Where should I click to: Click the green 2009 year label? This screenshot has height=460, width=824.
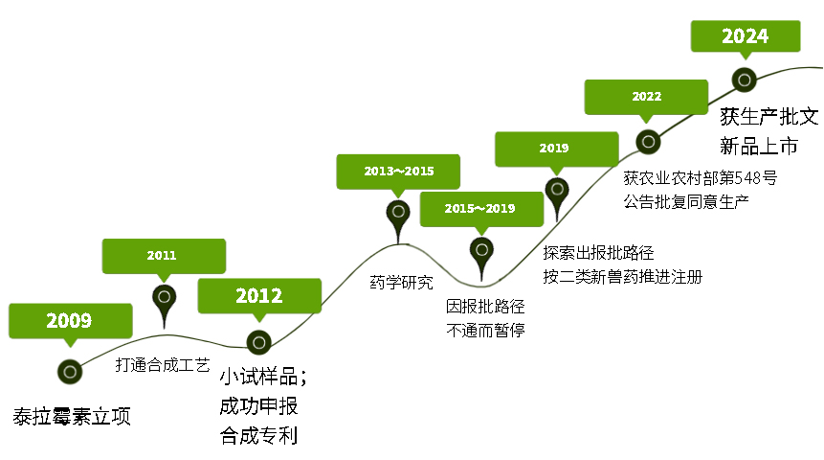pyautogui.click(x=71, y=321)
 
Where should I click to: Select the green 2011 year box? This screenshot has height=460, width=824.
pyautogui.click(x=164, y=256)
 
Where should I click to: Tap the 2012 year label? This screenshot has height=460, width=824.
pyautogui.click(x=259, y=296)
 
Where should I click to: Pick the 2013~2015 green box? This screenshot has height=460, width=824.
pyautogui.click(x=398, y=172)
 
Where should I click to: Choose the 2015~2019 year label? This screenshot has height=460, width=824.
pyautogui.click(x=481, y=209)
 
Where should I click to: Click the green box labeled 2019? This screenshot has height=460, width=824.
pyautogui.click(x=557, y=149)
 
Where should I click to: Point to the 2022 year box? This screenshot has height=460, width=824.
pyautogui.click(x=646, y=97)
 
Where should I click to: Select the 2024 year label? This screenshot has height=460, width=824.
pyautogui.click(x=746, y=36)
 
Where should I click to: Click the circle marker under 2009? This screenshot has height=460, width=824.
pyautogui.click(x=70, y=372)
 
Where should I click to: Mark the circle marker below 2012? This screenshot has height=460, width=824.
pyautogui.click(x=259, y=343)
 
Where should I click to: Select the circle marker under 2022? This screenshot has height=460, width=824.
pyautogui.click(x=649, y=142)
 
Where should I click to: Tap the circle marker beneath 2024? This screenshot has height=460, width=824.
pyautogui.click(x=745, y=80)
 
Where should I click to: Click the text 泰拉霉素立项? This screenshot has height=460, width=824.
pyautogui.click(x=72, y=416)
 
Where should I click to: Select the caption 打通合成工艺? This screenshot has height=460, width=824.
pyautogui.click(x=163, y=365)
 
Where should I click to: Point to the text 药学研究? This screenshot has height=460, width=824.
pyautogui.click(x=402, y=283)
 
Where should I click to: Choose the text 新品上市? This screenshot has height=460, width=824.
pyautogui.click(x=759, y=146)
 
